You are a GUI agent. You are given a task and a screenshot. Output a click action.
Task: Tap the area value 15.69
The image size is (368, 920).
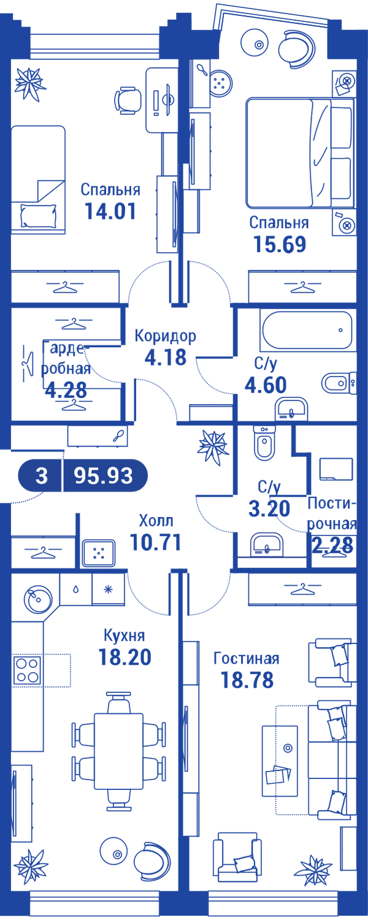coord(280,244)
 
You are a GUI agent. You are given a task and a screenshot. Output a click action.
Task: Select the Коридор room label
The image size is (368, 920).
coord(166,336)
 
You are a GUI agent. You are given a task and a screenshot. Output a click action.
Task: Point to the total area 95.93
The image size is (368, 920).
coord(103,476)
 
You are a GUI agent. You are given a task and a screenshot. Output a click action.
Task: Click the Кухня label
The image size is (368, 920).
coord(125,636)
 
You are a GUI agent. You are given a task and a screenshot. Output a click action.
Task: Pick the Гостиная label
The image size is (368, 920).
coord(247,659)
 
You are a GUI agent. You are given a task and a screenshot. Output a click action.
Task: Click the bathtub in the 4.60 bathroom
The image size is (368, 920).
coord(307,331)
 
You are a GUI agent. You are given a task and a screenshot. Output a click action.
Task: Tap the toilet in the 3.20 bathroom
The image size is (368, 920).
coord(263,443)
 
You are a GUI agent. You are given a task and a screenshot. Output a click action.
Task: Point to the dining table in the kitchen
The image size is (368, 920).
coord(119,751)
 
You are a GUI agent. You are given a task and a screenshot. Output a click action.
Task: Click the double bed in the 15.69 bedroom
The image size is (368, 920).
coord(301,153)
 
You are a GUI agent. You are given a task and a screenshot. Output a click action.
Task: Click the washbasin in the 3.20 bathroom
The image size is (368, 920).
coord(267,545)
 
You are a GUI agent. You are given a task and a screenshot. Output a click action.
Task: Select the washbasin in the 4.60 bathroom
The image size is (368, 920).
coord(291,408)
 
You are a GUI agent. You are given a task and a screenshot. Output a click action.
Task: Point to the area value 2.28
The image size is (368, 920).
coord(332,545)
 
